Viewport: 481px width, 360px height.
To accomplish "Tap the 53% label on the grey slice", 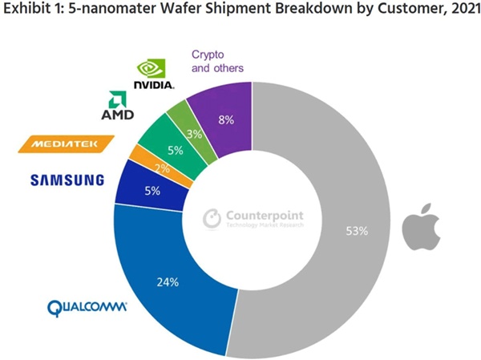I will pyautogui.click(x=357, y=231).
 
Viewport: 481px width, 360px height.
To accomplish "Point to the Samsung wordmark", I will pyautogui.click(x=67, y=180).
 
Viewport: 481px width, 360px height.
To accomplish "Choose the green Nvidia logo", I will pyautogui.click(x=153, y=73).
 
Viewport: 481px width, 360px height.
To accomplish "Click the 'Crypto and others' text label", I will pyautogui.click(x=217, y=62).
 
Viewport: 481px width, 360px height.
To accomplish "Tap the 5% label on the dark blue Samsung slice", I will pyautogui.click(x=152, y=191).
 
